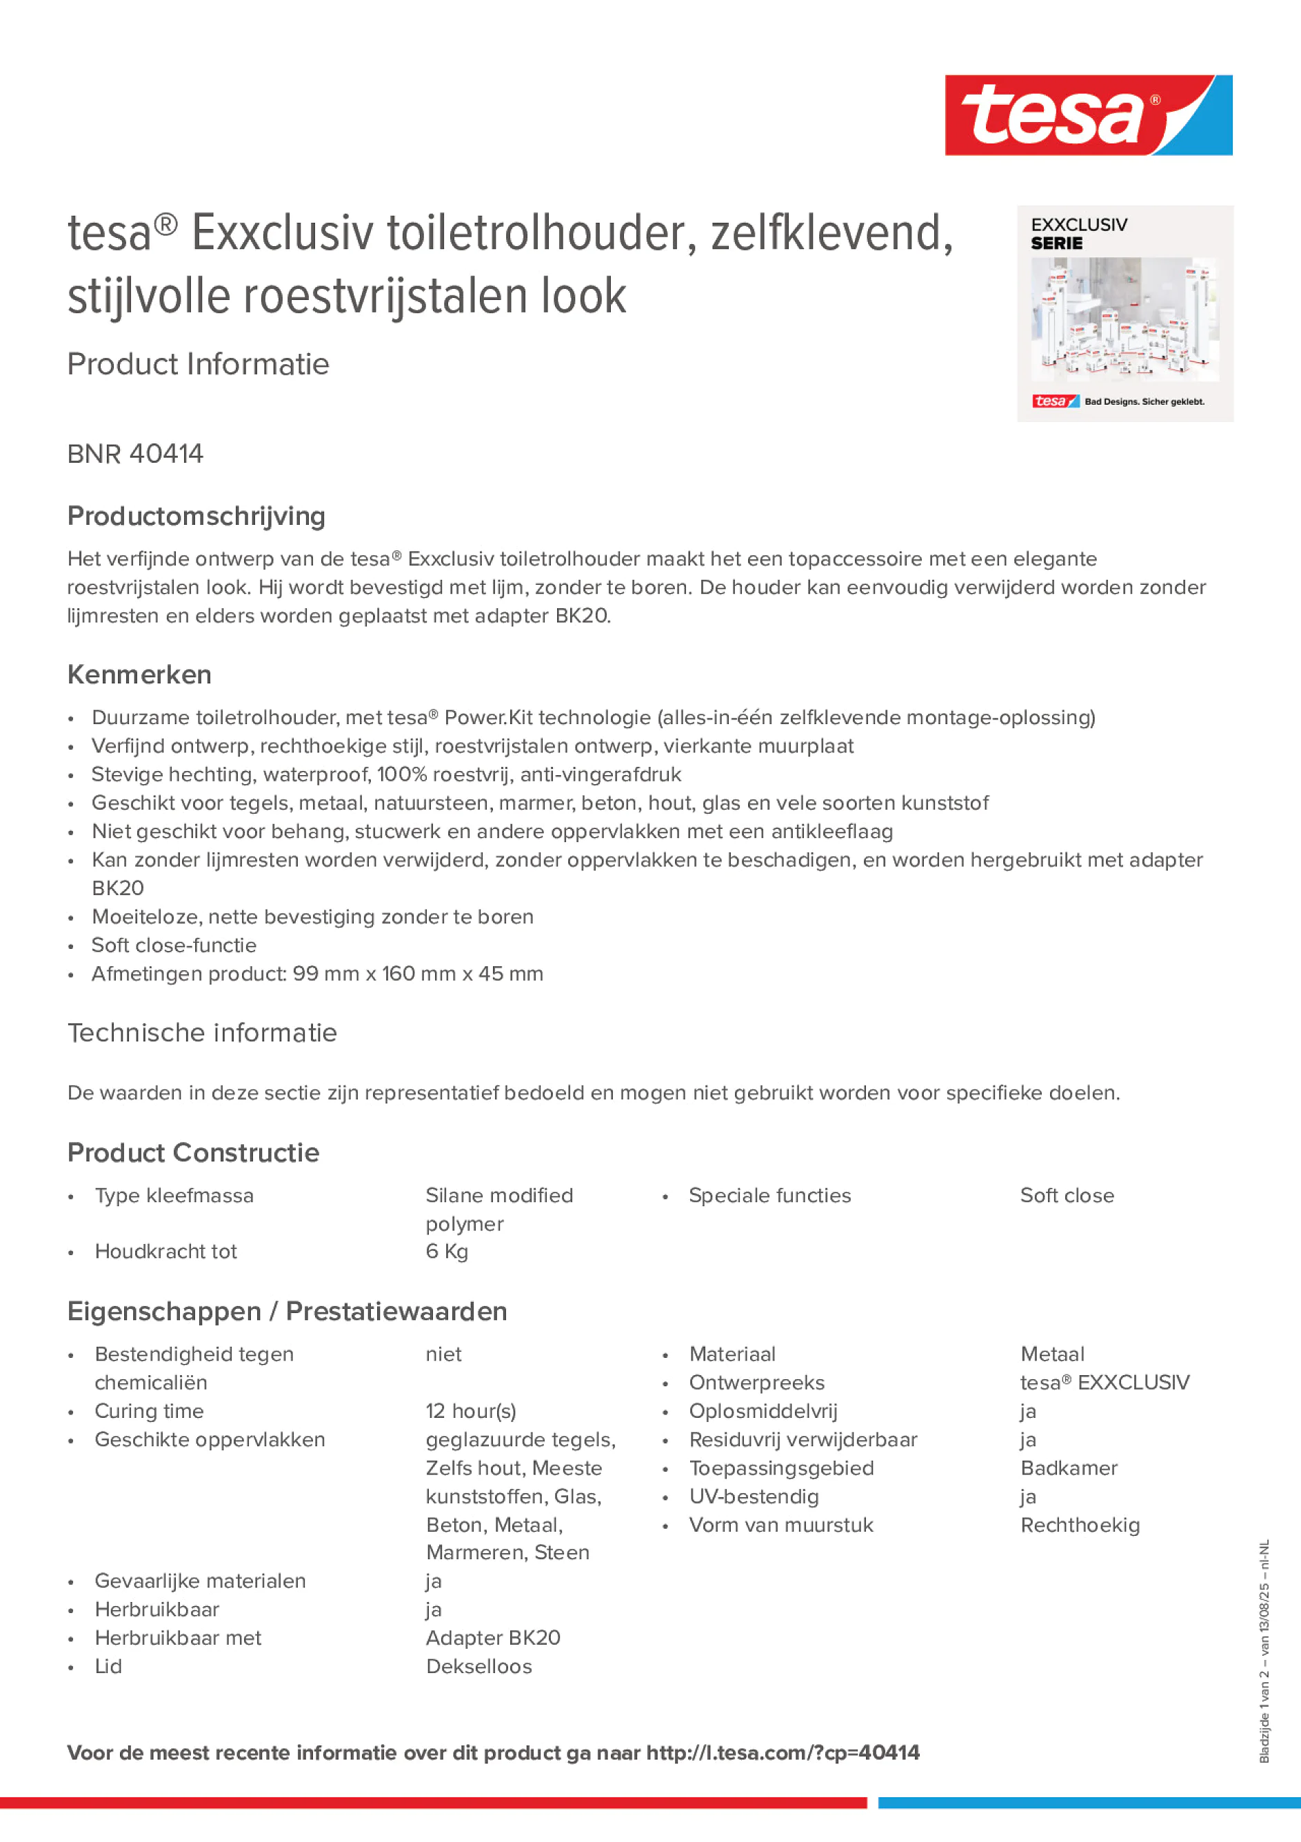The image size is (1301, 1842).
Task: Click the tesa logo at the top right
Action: point(1088,114)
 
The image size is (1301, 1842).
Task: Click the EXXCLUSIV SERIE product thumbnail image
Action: point(1124,314)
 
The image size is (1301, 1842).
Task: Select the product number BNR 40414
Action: point(136,454)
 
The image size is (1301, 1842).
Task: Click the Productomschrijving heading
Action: point(196,516)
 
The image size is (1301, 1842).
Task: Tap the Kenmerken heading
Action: point(139,674)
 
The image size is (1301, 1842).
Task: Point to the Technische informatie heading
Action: point(202,1032)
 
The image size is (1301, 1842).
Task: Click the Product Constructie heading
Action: point(193,1153)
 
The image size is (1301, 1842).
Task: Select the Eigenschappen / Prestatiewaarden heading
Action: point(287,1312)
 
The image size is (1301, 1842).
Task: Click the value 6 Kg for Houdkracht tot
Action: point(447,1252)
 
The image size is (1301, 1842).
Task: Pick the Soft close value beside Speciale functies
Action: point(1067,1195)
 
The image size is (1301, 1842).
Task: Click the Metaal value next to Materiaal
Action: point(1052,1354)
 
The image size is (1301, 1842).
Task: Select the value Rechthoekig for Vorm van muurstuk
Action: point(1080,1525)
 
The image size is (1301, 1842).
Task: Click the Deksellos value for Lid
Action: point(479,1666)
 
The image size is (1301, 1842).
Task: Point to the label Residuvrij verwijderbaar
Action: point(803,1439)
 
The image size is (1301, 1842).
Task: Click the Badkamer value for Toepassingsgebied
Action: point(1069,1468)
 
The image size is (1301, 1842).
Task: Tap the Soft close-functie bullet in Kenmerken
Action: point(174,945)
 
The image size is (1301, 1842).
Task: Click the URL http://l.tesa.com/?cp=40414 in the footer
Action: point(783,1752)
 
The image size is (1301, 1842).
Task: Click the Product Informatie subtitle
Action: point(198,364)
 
